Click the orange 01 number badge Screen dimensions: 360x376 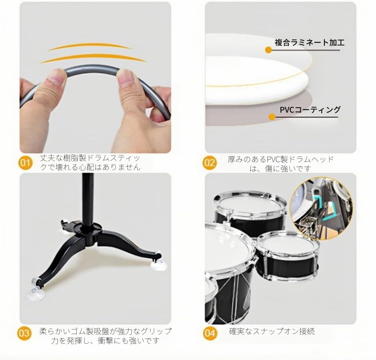point(25,163)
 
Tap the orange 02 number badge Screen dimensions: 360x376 point(209,163)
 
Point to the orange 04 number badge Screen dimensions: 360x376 point(209,333)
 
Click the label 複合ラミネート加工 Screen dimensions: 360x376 point(309,43)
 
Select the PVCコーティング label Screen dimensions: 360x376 point(310,109)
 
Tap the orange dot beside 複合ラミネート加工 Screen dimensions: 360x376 point(268,50)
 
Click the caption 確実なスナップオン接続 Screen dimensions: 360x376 point(272,331)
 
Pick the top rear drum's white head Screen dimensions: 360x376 point(250,205)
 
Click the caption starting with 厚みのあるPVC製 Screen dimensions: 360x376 point(280,163)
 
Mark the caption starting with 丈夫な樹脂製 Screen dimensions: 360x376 point(90,163)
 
